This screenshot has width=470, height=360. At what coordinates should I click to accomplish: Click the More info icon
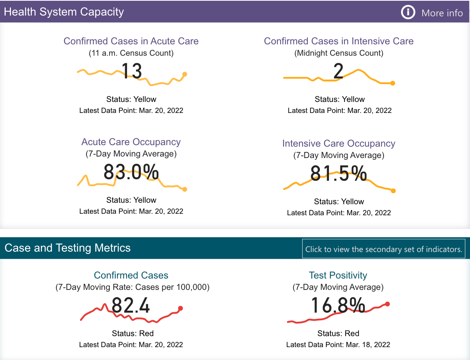[x=408, y=13]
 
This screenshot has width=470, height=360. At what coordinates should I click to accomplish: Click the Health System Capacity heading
[x=64, y=12]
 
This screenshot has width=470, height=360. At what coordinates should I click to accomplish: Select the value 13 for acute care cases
[x=132, y=71]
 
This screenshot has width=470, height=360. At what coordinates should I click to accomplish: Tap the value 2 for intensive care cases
[x=338, y=71]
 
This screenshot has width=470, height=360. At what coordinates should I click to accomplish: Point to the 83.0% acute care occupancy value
[x=131, y=172]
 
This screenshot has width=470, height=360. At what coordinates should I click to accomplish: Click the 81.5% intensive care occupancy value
[x=338, y=174]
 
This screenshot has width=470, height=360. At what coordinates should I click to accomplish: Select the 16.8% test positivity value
[x=338, y=306]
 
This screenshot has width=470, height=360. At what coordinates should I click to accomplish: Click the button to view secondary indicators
[x=384, y=249]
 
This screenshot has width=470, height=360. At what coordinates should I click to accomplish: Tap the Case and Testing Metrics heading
[x=67, y=248]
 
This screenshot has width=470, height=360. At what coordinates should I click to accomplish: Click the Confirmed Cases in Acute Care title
[x=131, y=41]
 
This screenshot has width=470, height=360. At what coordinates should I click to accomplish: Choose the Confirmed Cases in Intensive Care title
[x=339, y=41]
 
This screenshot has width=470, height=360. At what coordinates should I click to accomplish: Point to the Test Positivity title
[x=338, y=275]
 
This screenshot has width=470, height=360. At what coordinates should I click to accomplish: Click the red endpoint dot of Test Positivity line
[x=387, y=304]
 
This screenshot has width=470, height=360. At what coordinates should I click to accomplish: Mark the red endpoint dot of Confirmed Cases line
[x=180, y=308]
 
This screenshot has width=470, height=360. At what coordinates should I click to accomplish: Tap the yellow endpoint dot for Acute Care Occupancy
[x=185, y=189]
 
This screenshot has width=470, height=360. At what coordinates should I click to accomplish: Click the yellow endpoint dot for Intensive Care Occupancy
[x=393, y=191]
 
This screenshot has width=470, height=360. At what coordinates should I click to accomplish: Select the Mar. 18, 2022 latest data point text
[x=338, y=345]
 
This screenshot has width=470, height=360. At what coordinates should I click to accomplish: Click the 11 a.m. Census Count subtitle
[x=131, y=53]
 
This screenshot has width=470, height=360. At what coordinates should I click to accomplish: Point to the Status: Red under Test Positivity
[x=338, y=333]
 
